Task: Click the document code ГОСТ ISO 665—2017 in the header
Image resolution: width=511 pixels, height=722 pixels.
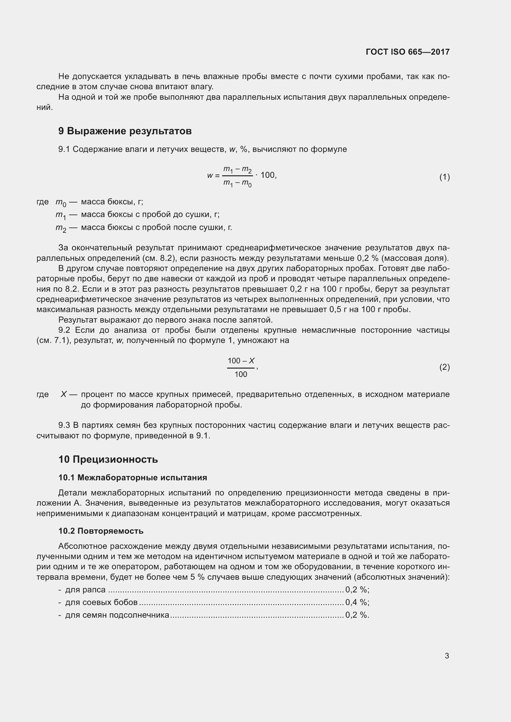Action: [x=408, y=52]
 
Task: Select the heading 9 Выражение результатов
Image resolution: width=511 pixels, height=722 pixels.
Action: [x=125, y=131]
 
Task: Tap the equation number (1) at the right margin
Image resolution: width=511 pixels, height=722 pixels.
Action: [x=444, y=177]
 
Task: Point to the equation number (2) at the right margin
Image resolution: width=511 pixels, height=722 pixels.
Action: [x=444, y=367]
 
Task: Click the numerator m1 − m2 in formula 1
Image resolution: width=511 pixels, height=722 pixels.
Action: [x=237, y=170]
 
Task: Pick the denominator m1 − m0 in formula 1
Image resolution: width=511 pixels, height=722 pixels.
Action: [x=237, y=183]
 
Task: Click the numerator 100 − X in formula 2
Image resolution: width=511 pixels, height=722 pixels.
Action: [x=241, y=361]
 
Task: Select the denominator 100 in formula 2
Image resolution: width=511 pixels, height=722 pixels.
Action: [x=241, y=374]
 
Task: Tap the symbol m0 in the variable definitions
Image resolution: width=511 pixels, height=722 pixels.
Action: [x=61, y=202]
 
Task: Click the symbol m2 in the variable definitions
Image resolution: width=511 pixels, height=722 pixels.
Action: [x=61, y=228]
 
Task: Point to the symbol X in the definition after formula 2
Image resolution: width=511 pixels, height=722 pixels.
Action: [x=64, y=394]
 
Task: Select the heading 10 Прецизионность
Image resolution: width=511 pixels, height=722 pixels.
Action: [x=108, y=459]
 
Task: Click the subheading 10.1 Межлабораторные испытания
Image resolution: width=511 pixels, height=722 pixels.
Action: [x=133, y=478]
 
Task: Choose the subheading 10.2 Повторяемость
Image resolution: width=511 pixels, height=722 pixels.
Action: [x=101, y=531]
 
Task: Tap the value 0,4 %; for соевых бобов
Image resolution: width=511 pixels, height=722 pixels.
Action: [x=357, y=602]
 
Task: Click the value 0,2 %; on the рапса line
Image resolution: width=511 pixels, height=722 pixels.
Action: [x=357, y=589]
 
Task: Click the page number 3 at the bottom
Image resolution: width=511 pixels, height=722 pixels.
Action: [x=447, y=656]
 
